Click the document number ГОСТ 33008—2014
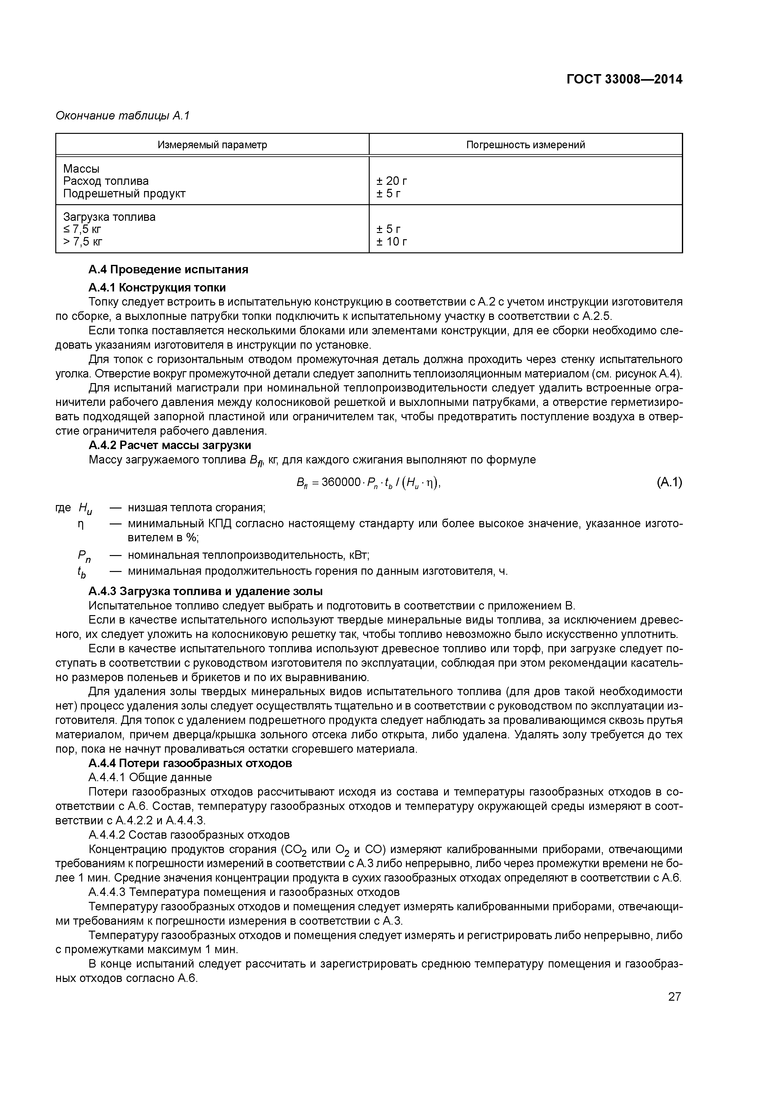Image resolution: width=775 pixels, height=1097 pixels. pos(624,79)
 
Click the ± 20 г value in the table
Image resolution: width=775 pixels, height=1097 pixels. pos(392,181)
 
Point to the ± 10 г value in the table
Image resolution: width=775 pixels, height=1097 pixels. pos(392,242)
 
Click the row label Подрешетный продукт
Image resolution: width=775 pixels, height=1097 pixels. pos(124,194)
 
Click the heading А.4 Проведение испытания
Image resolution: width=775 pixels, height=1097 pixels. pos(168,270)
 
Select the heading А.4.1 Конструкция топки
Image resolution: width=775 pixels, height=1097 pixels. pos(157,288)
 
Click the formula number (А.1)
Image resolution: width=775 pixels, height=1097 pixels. pos(669,483)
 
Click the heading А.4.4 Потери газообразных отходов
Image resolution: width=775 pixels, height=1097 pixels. pos(190,764)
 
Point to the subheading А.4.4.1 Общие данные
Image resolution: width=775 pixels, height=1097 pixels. pos(150,777)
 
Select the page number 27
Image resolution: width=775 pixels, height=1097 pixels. pos(674,997)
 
